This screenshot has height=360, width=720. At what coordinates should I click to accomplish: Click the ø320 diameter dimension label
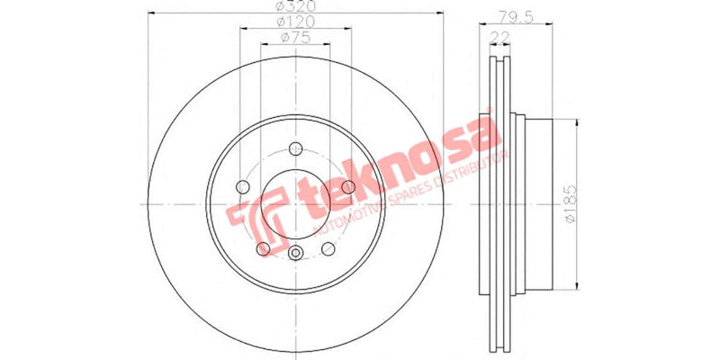click(x=293, y=6)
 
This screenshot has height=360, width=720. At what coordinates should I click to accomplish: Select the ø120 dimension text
click(x=293, y=21)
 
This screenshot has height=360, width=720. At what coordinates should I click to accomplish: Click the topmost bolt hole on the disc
click(x=295, y=149)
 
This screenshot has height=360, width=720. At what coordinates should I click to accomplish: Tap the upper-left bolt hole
click(x=241, y=187)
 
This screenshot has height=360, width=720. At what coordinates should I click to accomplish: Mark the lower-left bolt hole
click(x=262, y=249)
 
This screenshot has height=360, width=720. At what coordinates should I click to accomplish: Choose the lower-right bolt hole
click(x=328, y=249)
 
